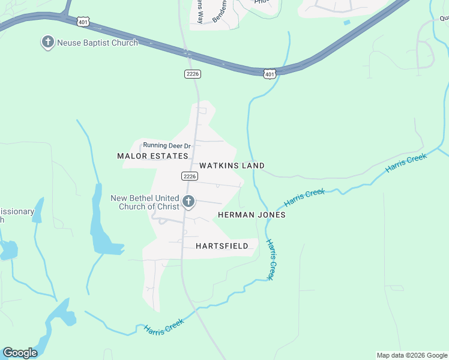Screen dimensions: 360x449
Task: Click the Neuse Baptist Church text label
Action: click(x=97, y=43)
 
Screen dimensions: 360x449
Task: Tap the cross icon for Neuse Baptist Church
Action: click(x=47, y=43)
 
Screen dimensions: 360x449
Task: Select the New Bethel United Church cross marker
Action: click(x=188, y=202)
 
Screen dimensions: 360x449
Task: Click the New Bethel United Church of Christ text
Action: click(x=145, y=202)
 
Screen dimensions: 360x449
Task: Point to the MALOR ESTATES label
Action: click(x=152, y=156)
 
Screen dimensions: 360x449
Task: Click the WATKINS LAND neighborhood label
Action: click(x=232, y=166)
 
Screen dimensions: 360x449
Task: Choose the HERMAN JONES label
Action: click(x=252, y=215)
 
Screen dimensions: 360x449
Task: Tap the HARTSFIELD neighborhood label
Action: click(x=222, y=246)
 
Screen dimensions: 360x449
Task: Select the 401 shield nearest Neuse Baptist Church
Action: click(x=83, y=22)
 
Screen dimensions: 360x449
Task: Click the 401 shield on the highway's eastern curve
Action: click(x=270, y=74)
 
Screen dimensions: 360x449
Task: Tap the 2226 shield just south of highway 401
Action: click(x=192, y=74)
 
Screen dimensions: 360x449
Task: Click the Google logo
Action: click(x=20, y=353)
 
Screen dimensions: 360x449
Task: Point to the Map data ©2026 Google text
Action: click(x=412, y=355)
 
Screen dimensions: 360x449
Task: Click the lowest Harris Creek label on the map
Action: click(x=163, y=328)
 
